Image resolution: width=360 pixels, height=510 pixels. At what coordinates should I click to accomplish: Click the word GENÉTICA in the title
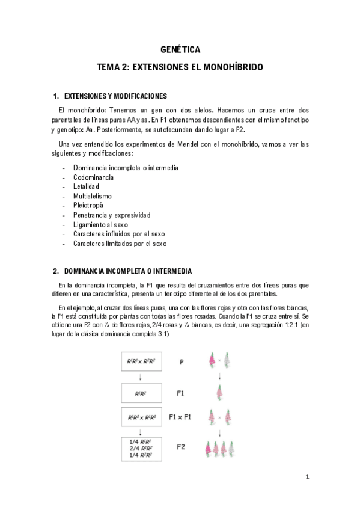pyautogui.click(x=180, y=49)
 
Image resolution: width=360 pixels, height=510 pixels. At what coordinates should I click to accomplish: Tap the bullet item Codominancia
pyautogui.click(x=93, y=177)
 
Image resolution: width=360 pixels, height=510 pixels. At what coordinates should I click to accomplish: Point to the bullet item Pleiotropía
pyautogui.click(x=88, y=205)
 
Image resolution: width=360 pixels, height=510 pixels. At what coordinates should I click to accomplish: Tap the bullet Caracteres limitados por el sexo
pyautogui.click(x=120, y=244)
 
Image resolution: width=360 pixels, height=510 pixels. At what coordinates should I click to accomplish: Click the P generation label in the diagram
pyautogui.click(x=182, y=362)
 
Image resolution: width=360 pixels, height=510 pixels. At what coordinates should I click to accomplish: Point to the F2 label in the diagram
pyautogui.click(x=182, y=447)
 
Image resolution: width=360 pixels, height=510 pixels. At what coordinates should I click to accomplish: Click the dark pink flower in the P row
pyautogui.click(x=212, y=361)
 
